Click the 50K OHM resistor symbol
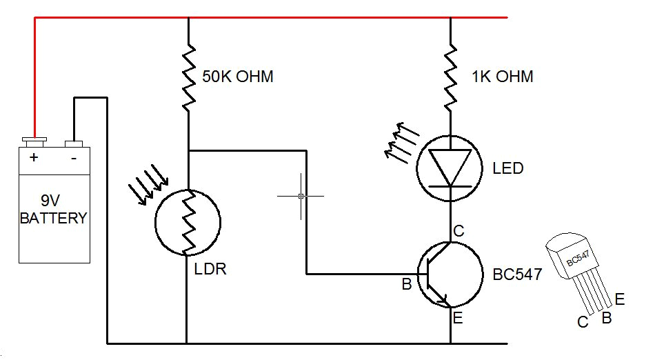(x=188, y=77)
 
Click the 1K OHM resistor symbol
(x=450, y=77)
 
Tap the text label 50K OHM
(x=238, y=77)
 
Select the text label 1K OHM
(x=503, y=77)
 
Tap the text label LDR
(x=211, y=269)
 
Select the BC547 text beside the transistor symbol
(x=517, y=274)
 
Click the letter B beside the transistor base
(x=407, y=283)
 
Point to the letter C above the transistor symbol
(x=458, y=231)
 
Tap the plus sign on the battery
(x=33, y=157)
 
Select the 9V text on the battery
(x=51, y=201)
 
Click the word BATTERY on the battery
(x=53, y=219)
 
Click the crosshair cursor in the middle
(x=301, y=197)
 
